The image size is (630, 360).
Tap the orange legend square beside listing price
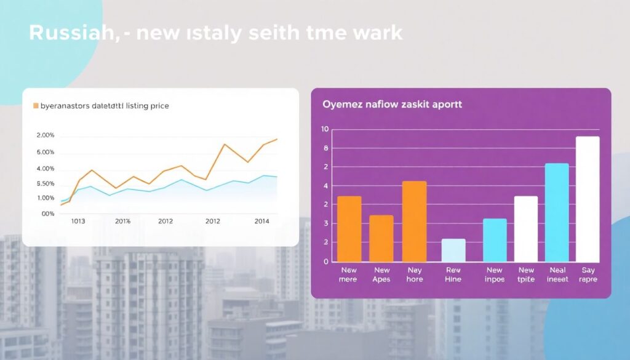[35, 106]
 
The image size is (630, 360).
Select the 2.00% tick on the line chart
[46, 135]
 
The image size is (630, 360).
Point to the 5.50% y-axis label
[46, 183]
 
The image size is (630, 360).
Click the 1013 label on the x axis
[78, 221]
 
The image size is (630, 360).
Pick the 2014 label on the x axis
[261, 221]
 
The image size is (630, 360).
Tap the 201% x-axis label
[123, 221]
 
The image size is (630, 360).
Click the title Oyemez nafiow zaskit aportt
[392, 105]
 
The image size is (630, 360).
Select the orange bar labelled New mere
[349, 228]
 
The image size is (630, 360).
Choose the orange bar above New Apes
[381, 238]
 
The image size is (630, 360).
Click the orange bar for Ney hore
[414, 221]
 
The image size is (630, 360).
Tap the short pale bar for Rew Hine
[453, 250]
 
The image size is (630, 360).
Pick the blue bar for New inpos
[495, 240]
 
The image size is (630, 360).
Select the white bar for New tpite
[526, 228]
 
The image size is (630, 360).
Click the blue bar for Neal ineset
[557, 212]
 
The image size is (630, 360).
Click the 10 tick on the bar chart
[325, 129]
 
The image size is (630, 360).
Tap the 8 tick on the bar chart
[326, 148]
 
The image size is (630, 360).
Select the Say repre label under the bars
[588, 274]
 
